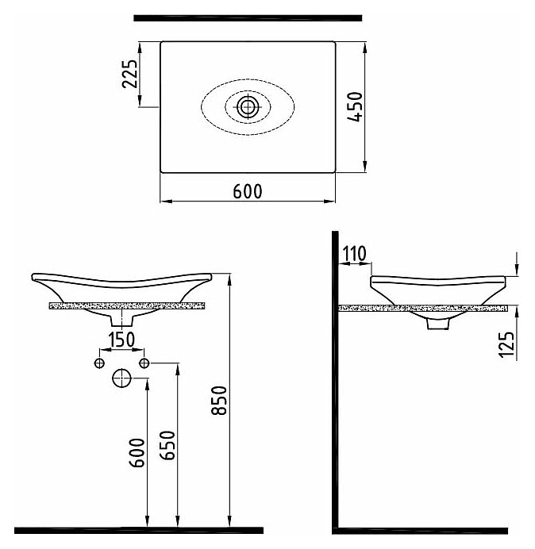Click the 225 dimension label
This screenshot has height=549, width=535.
click(x=129, y=74)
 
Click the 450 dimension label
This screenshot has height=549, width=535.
click(x=355, y=107)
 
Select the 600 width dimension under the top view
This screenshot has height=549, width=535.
click(x=248, y=191)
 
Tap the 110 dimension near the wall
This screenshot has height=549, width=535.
click(x=354, y=254)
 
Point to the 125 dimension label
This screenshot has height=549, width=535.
click(x=506, y=344)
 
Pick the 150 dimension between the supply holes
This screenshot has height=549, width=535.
click(x=121, y=340)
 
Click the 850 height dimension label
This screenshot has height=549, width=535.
click(x=219, y=401)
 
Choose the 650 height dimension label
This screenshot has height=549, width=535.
click(x=167, y=445)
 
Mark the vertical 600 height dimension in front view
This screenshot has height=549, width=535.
click(x=137, y=453)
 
